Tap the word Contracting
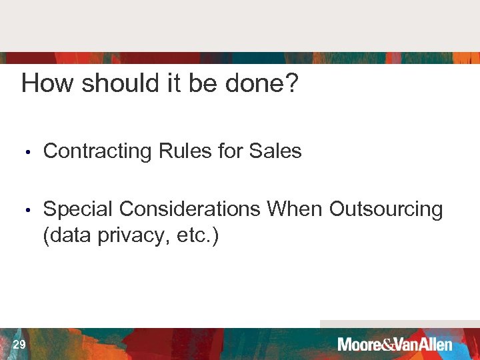97,152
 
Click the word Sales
275,151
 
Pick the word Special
78,210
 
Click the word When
295,210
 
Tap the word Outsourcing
386,210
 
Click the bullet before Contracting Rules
27,153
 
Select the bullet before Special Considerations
27,211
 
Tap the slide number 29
19,344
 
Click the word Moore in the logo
359,345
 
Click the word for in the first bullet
231,151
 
